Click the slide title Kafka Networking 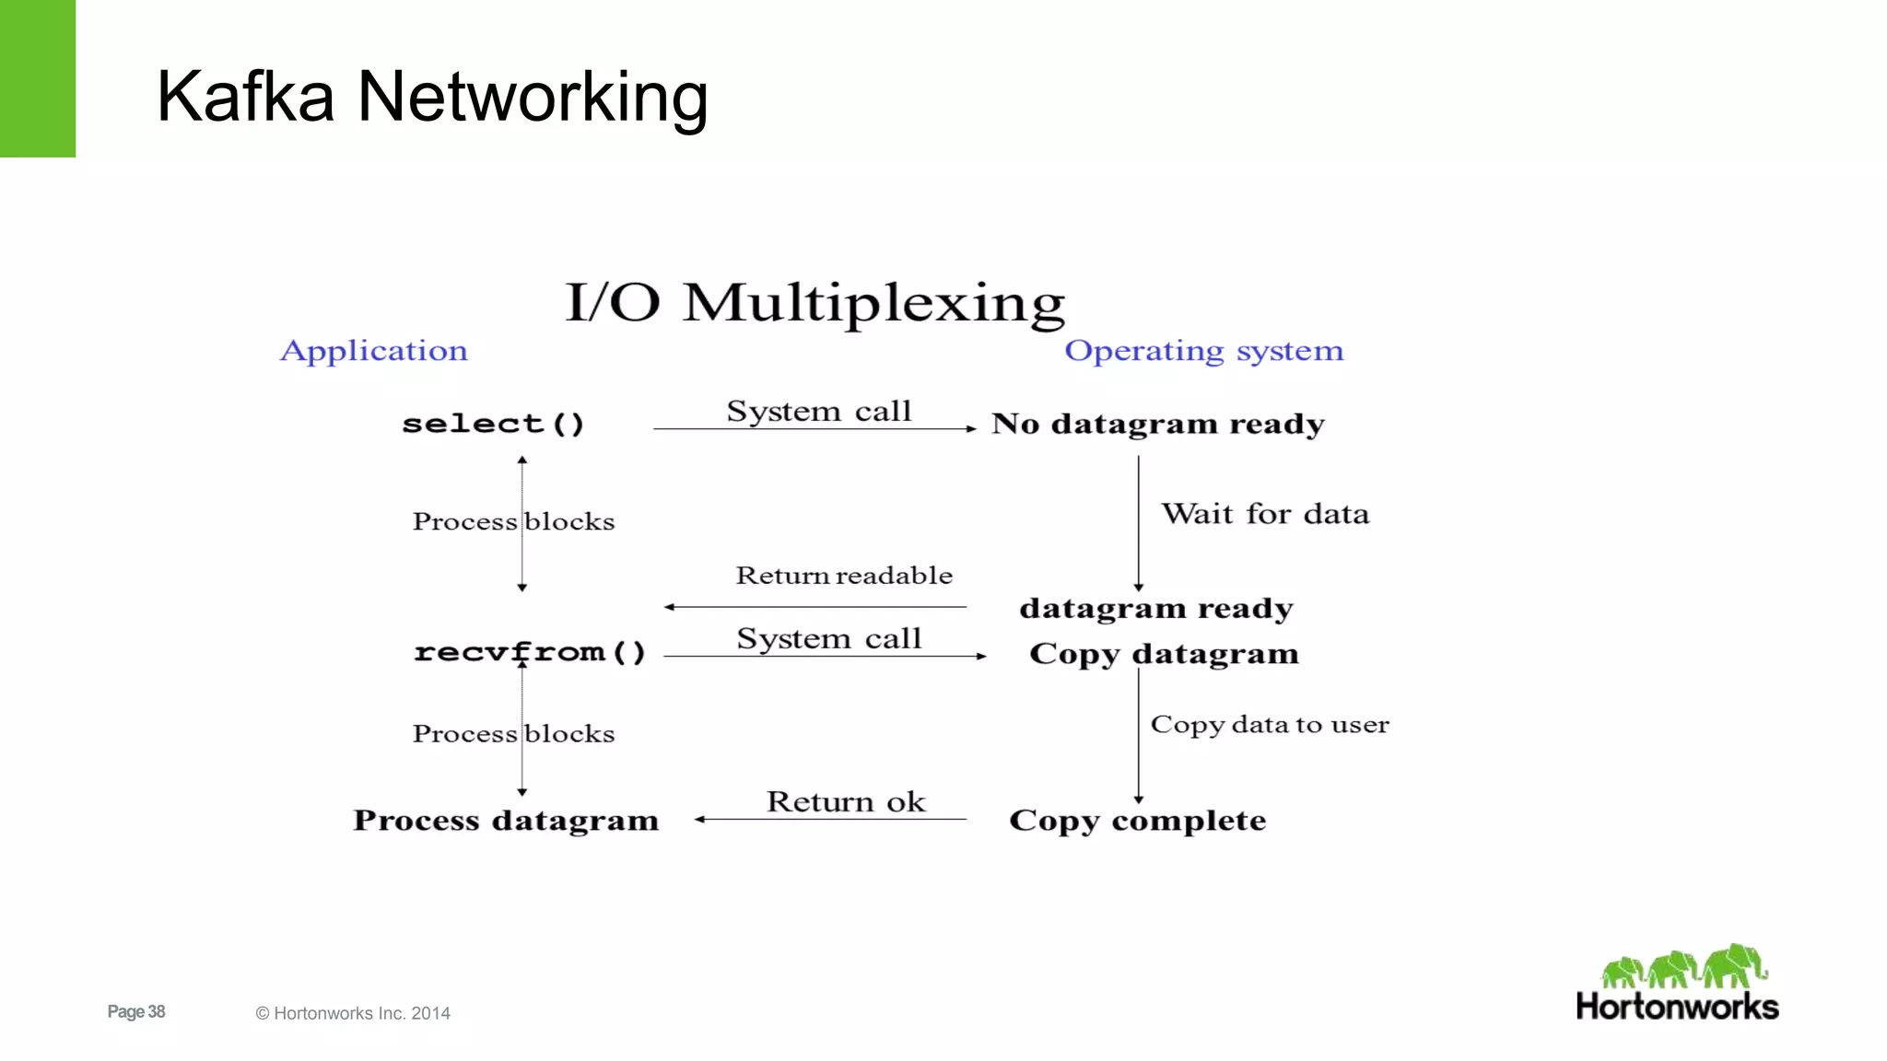pyautogui.click(x=432, y=97)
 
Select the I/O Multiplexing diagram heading pyautogui.click(x=815, y=303)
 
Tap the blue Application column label pyautogui.click(x=374, y=351)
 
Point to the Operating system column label pyautogui.click(x=1203, y=351)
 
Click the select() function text pyautogui.click(x=493, y=424)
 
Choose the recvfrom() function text pyautogui.click(x=530, y=652)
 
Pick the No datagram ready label pyautogui.click(x=1157, y=424)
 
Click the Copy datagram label pyautogui.click(x=1164, y=654)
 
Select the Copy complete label pyautogui.click(x=1137, y=821)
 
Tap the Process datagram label pyautogui.click(x=506, y=821)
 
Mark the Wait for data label pyautogui.click(x=1265, y=514)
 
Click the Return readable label pyautogui.click(x=844, y=576)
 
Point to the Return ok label pyautogui.click(x=846, y=802)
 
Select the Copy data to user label pyautogui.click(x=1270, y=725)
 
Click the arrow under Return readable pyautogui.click(x=815, y=607)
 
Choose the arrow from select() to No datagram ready pyautogui.click(x=815, y=429)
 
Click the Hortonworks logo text pyautogui.click(x=1677, y=1007)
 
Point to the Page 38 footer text pyautogui.click(x=136, y=1012)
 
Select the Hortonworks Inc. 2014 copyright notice pyautogui.click(x=353, y=1014)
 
